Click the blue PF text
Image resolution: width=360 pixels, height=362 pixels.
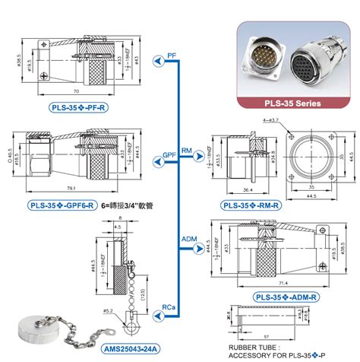(173, 56)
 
